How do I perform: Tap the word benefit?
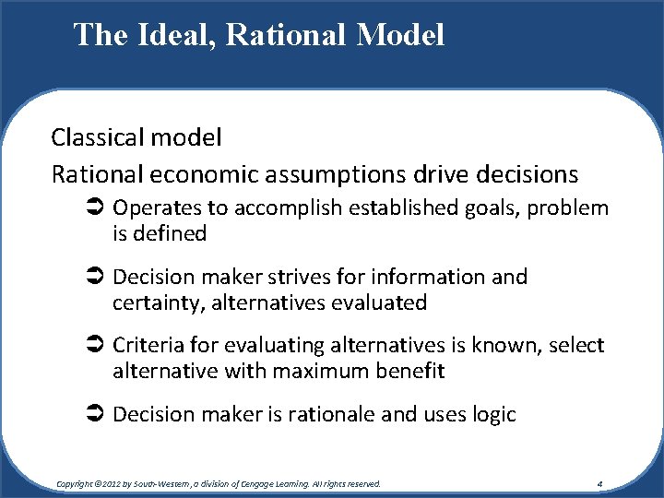(x=411, y=372)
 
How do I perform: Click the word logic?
(x=491, y=415)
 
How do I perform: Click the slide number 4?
(x=599, y=483)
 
